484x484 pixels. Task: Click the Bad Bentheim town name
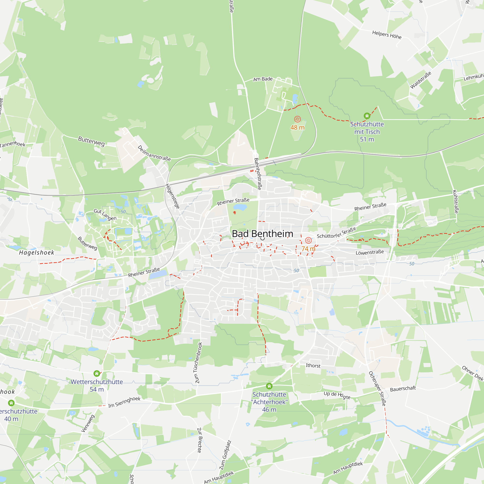click(x=262, y=234)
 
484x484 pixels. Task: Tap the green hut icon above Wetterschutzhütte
click(x=97, y=373)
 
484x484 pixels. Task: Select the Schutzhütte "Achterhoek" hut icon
click(x=269, y=386)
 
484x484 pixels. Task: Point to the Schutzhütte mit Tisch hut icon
click(x=367, y=116)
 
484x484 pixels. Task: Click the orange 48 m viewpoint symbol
click(x=297, y=119)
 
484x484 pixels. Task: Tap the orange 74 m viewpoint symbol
click(x=308, y=241)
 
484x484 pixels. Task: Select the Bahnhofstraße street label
click(x=258, y=174)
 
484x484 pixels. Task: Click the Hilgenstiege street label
click(x=173, y=196)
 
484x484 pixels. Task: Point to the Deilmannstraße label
click(x=154, y=153)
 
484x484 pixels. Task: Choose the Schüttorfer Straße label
click(x=336, y=233)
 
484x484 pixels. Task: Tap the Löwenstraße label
click(x=370, y=252)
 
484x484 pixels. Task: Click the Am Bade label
click(x=263, y=79)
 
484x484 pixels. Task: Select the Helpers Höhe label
click(x=387, y=35)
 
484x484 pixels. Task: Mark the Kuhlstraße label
click(x=455, y=202)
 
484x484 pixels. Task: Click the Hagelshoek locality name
click(x=37, y=252)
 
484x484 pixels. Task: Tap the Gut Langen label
click(x=105, y=215)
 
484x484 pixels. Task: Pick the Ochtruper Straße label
click(x=377, y=389)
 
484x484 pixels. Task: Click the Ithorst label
click(x=313, y=365)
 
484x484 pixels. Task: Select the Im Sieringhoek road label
click(x=124, y=402)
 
